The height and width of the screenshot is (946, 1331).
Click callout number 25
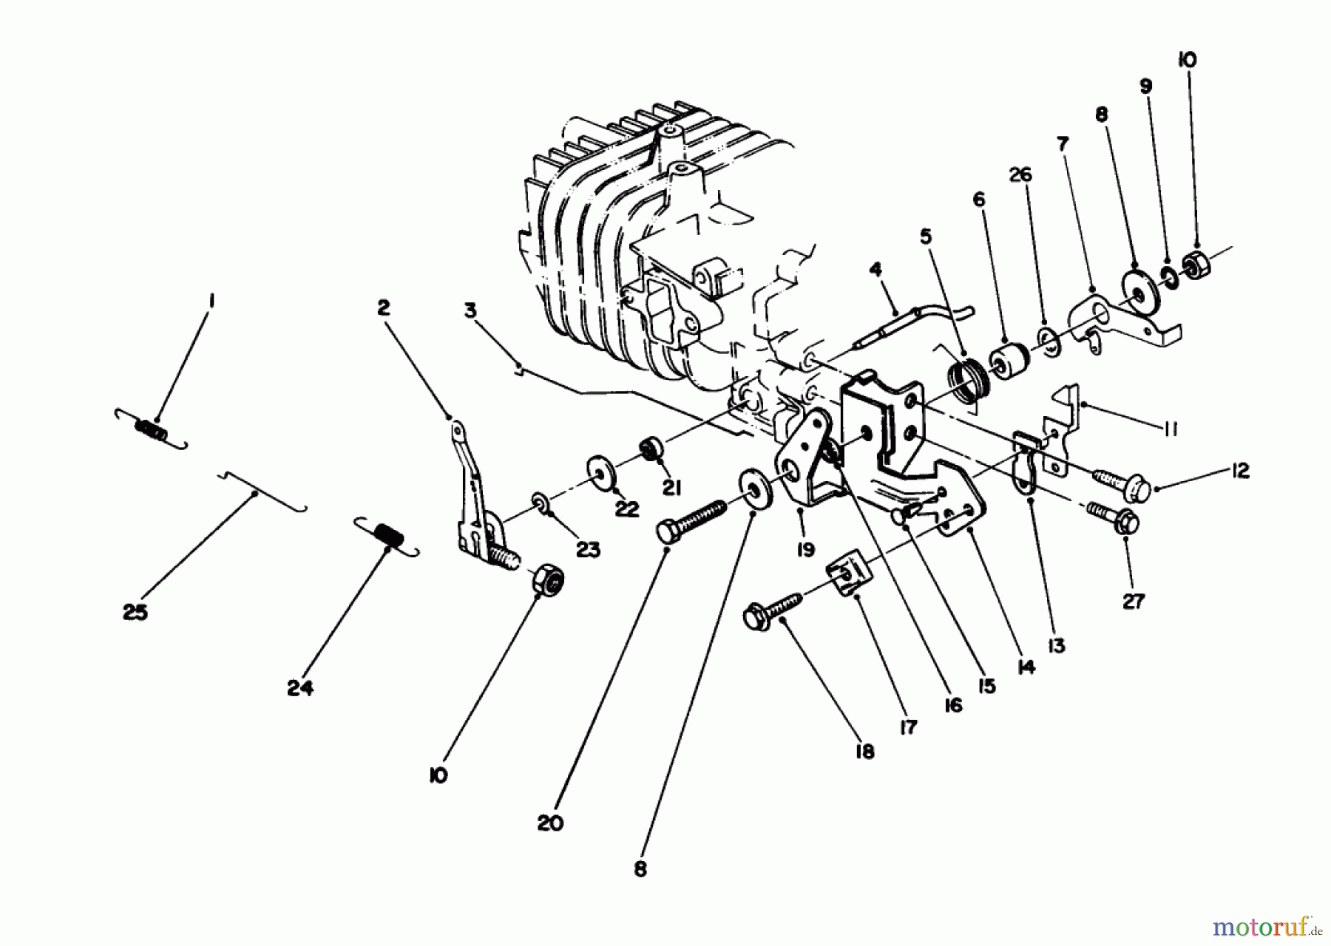(x=135, y=613)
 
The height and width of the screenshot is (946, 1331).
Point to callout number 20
(x=550, y=823)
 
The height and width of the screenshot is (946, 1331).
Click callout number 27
(x=1133, y=602)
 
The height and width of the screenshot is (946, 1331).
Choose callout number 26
(x=1020, y=175)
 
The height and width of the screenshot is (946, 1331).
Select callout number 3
(x=470, y=310)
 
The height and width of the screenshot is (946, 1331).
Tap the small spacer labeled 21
(x=651, y=449)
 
